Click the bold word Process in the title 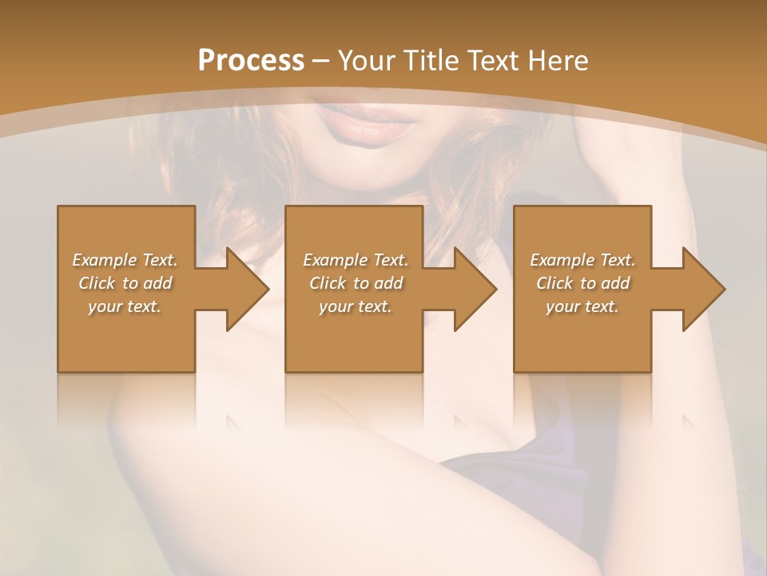[251, 61]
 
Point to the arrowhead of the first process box [247, 289]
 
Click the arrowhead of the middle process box [475, 289]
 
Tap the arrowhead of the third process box [703, 289]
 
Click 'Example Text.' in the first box [125, 260]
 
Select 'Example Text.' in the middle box [356, 260]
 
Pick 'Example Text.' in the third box [582, 260]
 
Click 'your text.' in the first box [125, 306]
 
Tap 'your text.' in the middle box [356, 306]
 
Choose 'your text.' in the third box [582, 306]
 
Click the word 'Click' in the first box [96, 283]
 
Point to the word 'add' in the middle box [387, 283]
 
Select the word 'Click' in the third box [554, 283]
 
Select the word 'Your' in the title [364, 61]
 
